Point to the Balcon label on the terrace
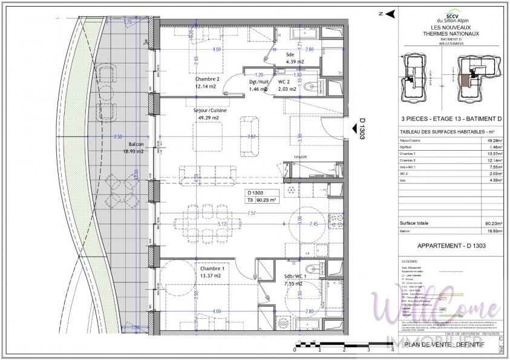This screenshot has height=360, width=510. [x=136, y=144]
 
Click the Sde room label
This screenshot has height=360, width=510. [x=290, y=54]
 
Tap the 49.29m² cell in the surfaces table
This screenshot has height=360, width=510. [x=489, y=140]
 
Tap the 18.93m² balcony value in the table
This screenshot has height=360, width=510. [x=489, y=231]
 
